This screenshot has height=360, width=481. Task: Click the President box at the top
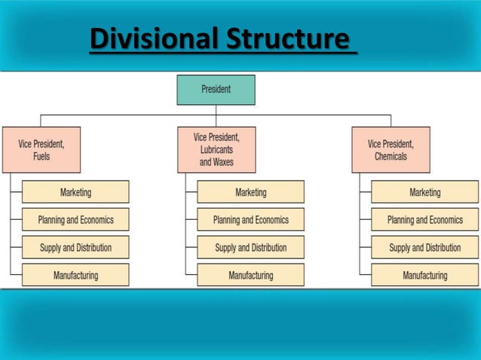(216, 90)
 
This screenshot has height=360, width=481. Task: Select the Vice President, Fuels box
(41, 149)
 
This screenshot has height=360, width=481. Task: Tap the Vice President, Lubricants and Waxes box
(216, 149)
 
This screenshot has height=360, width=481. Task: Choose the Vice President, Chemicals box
(391, 149)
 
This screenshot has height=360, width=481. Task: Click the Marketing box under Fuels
(75, 192)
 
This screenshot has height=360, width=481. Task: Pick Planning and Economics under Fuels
(75, 220)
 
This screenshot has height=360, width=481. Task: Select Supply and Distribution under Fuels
(75, 247)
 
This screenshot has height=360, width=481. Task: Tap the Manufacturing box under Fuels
(75, 275)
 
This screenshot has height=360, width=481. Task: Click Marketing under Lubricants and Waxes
(250, 192)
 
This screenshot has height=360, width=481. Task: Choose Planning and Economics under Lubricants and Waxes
(250, 220)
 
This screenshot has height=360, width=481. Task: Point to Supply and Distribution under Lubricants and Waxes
(250, 247)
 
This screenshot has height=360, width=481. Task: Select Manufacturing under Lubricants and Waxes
(250, 275)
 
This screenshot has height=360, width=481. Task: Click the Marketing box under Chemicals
(424, 192)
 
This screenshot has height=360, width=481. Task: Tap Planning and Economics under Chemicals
(424, 220)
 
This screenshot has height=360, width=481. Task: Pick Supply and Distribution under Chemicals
(424, 247)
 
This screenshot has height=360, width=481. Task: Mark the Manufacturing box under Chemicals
(424, 275)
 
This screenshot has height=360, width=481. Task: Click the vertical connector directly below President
(216, 110)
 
